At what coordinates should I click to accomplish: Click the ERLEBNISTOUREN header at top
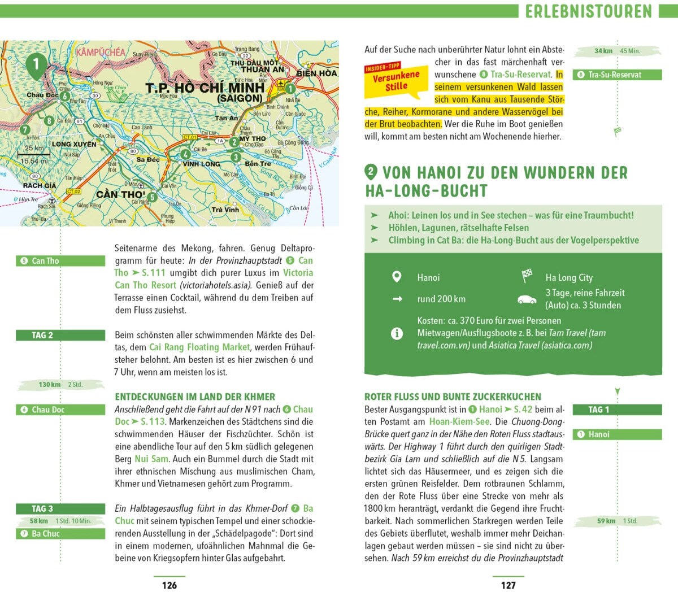point(589,11)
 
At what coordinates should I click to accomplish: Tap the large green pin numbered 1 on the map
point(36,64)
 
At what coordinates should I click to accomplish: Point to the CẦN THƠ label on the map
point(120,194)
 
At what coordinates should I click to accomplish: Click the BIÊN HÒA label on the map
point(316,73)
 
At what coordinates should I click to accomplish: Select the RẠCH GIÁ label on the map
point(40,185)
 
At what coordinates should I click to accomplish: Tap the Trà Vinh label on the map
point(225,210)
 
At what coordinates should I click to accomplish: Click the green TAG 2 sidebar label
point(60,335)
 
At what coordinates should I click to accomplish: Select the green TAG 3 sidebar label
point(60,508)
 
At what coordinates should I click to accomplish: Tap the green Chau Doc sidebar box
point(60,410)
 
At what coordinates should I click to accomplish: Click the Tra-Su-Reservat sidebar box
point(617,75)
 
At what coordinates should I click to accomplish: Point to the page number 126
point(169,585)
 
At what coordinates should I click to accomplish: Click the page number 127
point(508,585)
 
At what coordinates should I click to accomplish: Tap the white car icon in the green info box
point(527,299)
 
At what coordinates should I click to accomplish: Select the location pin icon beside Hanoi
point(397,277)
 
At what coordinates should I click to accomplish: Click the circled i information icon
point(397,333)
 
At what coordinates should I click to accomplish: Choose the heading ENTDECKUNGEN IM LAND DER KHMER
point(195,397)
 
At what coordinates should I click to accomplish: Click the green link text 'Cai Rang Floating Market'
point(199,347)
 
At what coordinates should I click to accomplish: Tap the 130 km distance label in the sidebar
point(50,385)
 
